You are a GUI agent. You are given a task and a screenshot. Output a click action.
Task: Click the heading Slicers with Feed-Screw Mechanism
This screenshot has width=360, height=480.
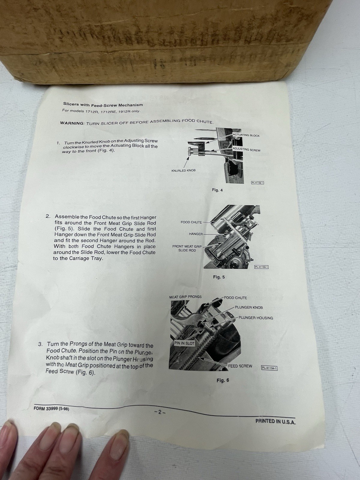click(x=103, y=105)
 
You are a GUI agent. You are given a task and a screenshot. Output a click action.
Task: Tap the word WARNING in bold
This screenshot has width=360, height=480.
click(x=72, y=123)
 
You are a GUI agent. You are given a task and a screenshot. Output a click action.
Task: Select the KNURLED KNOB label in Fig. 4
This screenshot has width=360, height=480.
click(x=183, y=170)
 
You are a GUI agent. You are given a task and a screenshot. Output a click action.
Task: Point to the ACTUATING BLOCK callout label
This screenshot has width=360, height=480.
click(x=246, y=135)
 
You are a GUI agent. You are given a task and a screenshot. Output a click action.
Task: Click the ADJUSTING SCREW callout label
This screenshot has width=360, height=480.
click(x=246, y=149)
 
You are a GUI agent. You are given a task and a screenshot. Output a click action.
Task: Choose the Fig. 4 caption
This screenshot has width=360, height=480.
click(x=217, y=190)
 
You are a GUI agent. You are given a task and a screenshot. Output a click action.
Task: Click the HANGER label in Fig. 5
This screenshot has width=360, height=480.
click(x=196, y=234)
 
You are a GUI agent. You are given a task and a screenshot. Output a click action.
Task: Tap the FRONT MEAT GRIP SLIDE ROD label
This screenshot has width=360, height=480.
click(x=187, y=248)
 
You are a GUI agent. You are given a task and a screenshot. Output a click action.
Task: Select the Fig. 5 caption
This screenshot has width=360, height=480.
click(x=219, y=277)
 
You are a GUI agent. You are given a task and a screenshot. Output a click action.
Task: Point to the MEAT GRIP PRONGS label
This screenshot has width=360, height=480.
click(x=185, y=297)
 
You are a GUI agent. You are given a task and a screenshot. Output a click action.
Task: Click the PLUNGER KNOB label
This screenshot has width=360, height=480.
click(x=249, y=307)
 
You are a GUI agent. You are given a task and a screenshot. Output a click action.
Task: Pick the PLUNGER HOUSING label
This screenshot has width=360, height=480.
click(x=256, y=318)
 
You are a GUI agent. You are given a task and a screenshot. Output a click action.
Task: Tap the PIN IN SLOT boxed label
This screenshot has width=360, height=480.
click(x=184, y=343)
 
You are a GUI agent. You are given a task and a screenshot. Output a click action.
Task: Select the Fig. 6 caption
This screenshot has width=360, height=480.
click(x=223, y=380)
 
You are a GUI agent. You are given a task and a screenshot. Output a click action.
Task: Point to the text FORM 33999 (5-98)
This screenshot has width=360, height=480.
click(x=51, y=408)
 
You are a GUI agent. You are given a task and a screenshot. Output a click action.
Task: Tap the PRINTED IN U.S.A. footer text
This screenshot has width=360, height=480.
click(x=275, y=421)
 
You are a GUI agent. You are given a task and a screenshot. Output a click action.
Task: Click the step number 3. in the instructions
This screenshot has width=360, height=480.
click(x=40, y=344)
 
